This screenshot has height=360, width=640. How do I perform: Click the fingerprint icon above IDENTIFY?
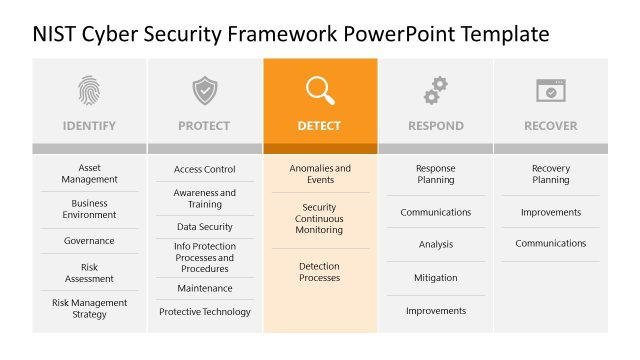(89, 91)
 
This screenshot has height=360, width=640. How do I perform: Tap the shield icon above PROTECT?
(204, 91)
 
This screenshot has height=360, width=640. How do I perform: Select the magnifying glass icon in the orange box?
(320, 91)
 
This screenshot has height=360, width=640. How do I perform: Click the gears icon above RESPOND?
(435, 91)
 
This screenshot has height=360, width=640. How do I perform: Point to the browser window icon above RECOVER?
(550, 91)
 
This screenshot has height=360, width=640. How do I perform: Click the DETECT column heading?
(319, 126)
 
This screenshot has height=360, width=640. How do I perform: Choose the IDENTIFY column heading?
(89, 126)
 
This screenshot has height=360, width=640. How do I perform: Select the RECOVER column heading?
(550, 126)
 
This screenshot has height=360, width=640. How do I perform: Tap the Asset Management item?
(89, 174)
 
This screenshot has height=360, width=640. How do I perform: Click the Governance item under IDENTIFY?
(89, 241)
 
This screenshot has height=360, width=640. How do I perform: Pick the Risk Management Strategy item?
(89, 308)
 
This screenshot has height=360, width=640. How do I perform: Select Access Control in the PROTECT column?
(204, 170)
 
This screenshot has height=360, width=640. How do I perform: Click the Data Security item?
(204, 227)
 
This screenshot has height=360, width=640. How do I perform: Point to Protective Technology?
(204, 312)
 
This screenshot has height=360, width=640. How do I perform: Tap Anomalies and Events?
(320, 174)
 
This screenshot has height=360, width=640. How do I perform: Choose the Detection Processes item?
(319, 272)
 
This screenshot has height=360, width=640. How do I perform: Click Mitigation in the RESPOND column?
(435, 278)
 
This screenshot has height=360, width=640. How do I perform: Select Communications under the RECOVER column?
(550, 243)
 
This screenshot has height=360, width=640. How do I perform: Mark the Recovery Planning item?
(550, 174)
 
